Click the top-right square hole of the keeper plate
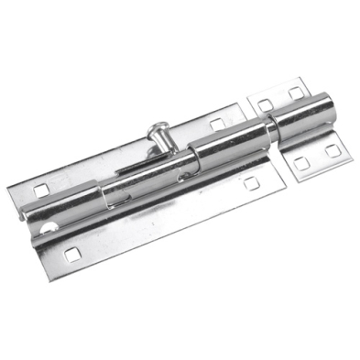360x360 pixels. (x=296, y=93)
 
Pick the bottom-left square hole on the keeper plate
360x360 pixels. (x=299, y=163)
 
